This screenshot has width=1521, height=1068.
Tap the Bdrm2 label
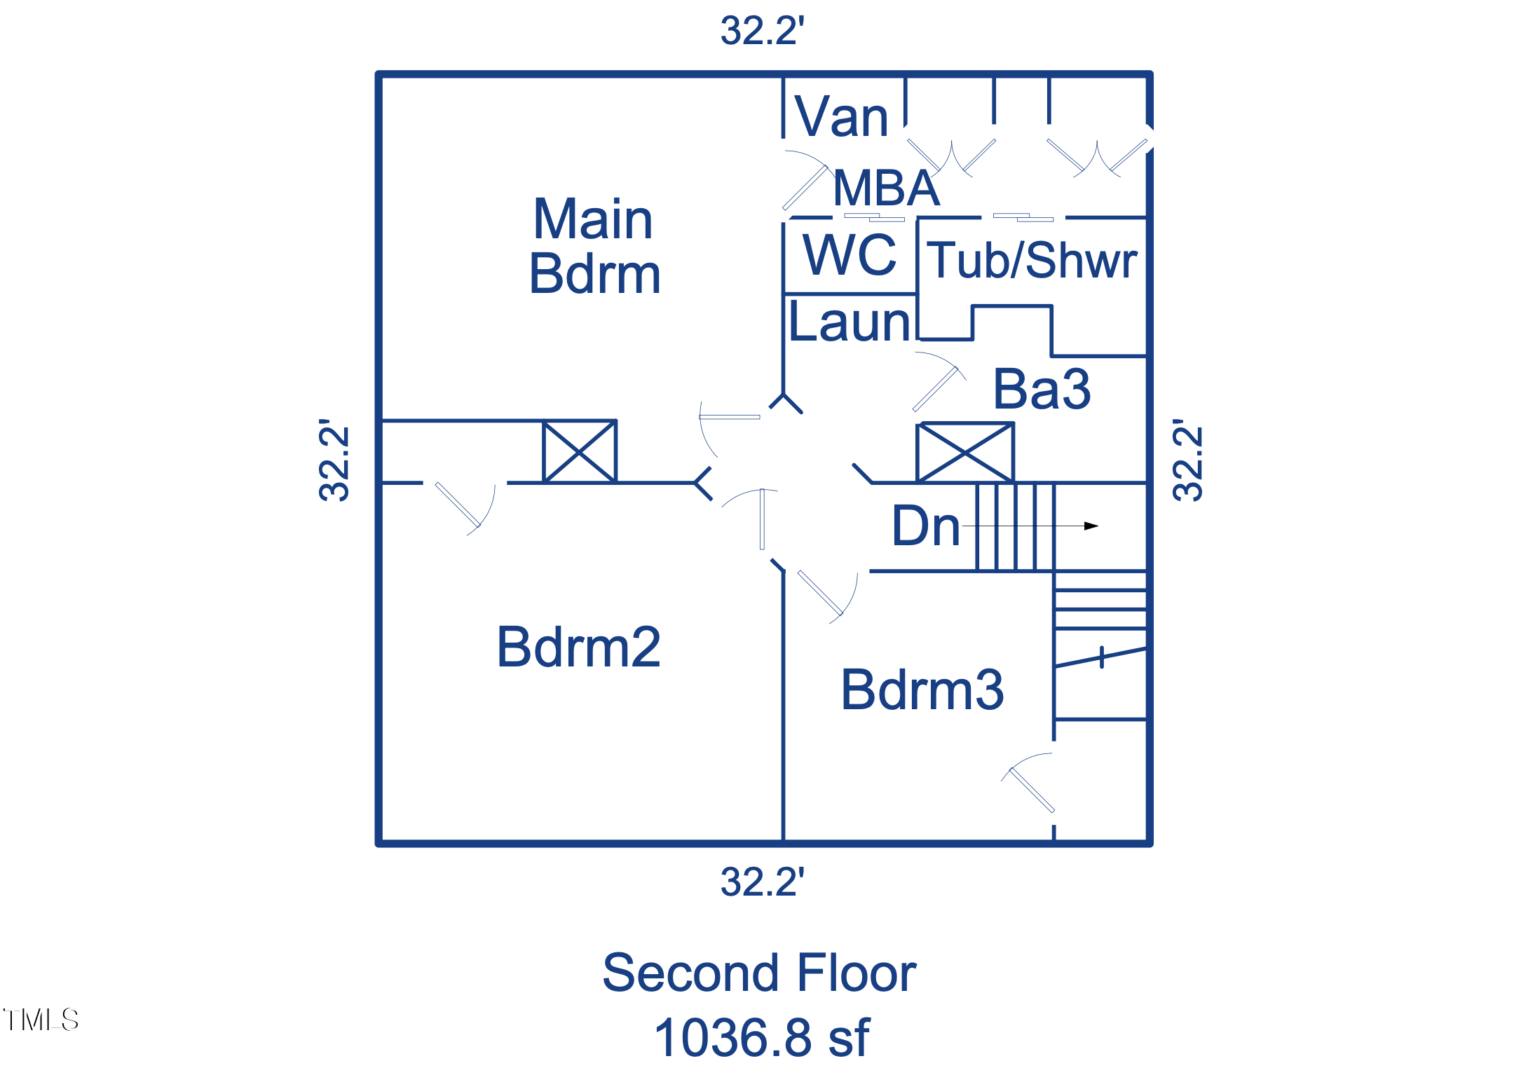click(x=578, y=647)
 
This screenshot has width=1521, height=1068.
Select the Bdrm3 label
click(x=922, y=690)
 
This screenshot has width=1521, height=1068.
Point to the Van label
click(x=841, y=117)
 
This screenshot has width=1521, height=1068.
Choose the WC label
click(x=850, y=254)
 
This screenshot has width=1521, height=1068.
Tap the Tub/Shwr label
click(x=1032, y=260)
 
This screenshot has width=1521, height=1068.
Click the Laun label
click(x=850, y=322)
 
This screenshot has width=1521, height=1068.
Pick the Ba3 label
click(x=1042, y=389)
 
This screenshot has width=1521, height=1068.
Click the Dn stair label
click(x=925, y=526)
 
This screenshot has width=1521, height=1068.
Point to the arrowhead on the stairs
click(x=1091, y=526)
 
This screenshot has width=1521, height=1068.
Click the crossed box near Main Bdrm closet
click(x=580, y=451)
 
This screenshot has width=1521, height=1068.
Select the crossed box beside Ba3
click(x=965, y=452)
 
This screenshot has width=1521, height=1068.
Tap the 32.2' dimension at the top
click(x=762, y=32)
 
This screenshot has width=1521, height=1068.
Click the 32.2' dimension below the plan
click(x=762, y=882)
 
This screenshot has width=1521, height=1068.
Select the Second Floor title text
click(x=759, y=973)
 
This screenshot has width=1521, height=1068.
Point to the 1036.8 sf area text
click(x=761, y=1038)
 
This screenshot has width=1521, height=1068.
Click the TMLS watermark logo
click(x=41, y=1020)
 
